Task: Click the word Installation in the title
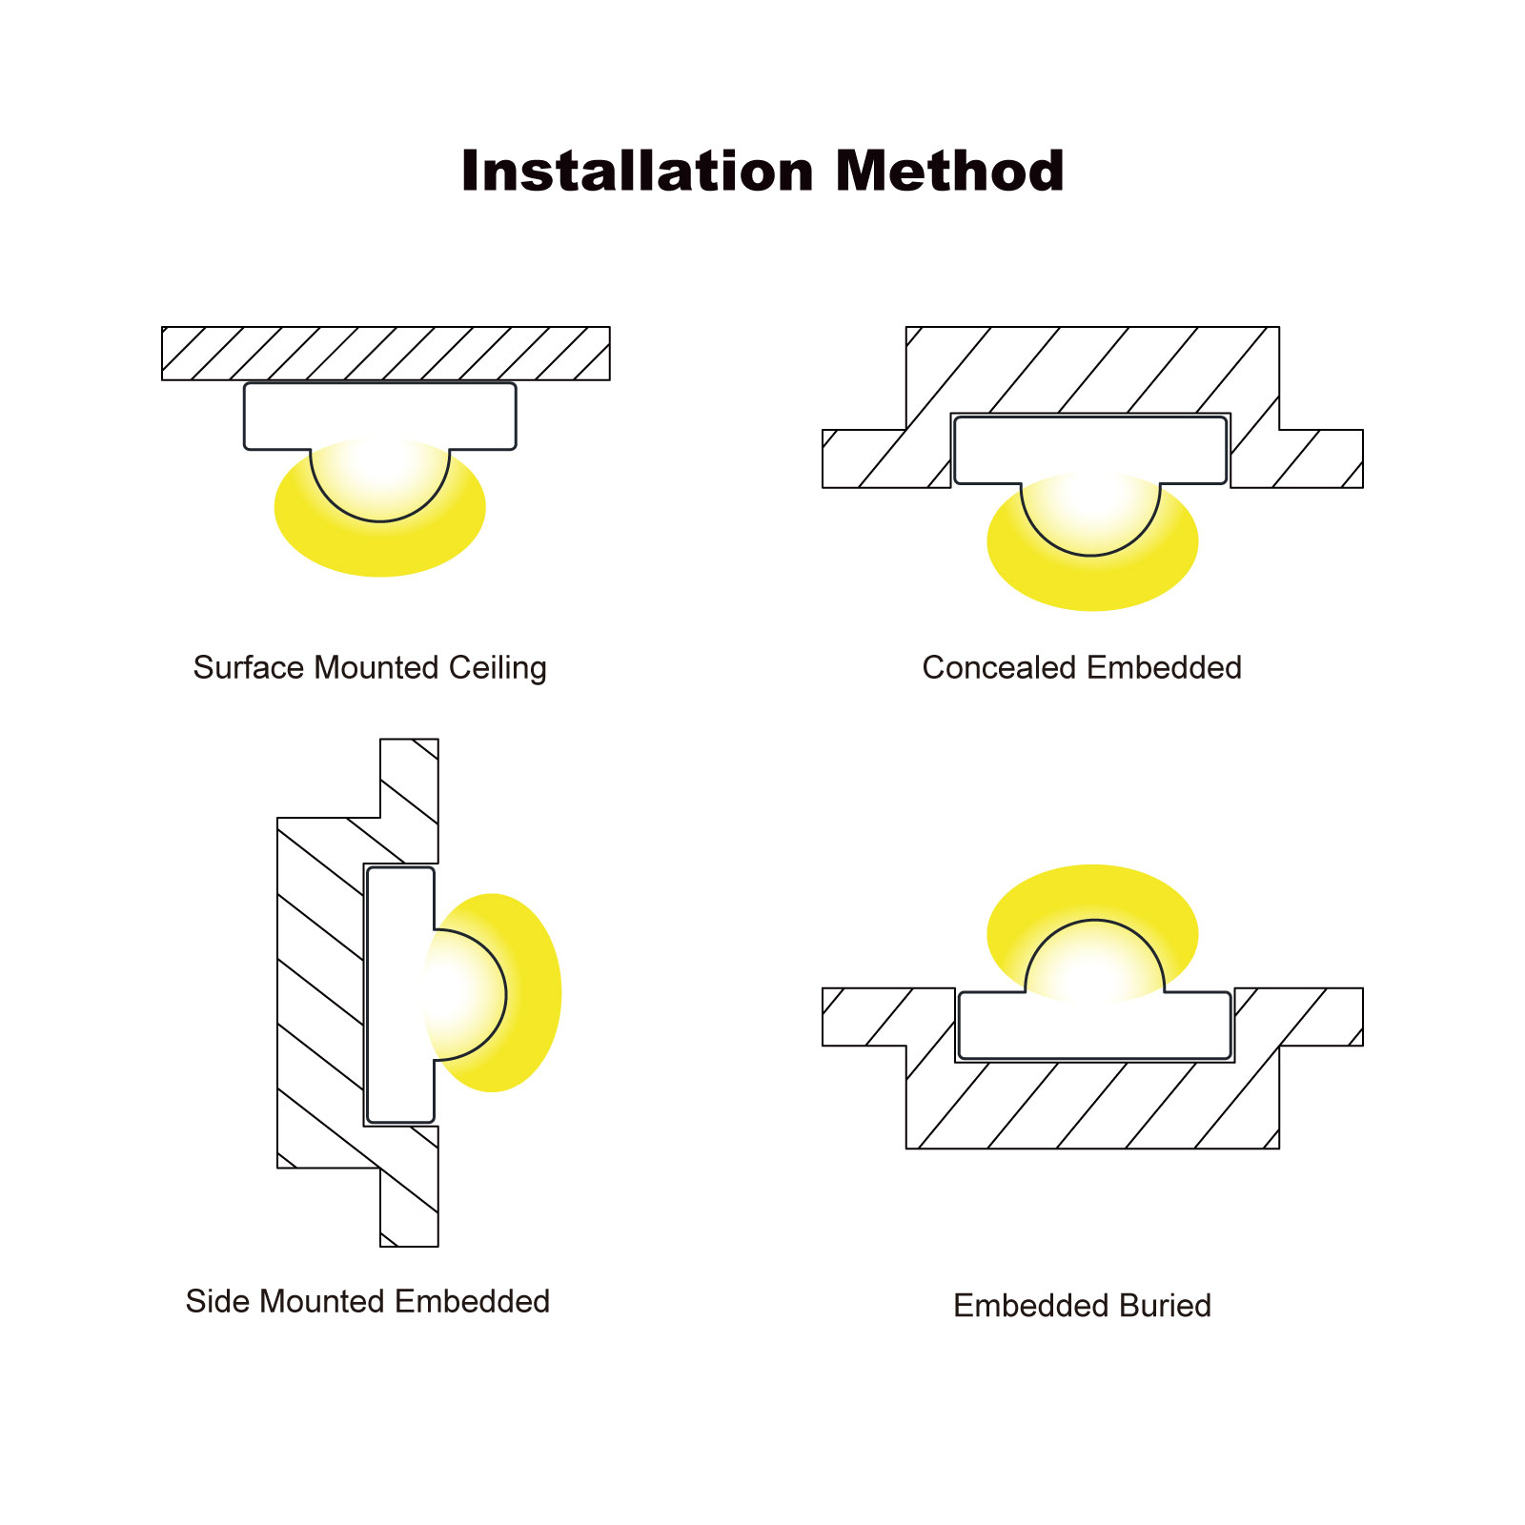click(x=637, y=172)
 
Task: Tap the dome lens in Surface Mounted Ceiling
click(x=380, y=481)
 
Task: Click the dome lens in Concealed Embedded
click(x=1090, y=516)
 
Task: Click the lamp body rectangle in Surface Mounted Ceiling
click(x=380, y=416)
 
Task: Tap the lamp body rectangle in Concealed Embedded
click(x=1090, y=449)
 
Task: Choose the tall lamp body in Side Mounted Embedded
click(x=400, y=994)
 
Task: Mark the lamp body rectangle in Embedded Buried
click(x=1095, y=1026)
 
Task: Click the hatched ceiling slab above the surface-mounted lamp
click(x=386, y=354)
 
